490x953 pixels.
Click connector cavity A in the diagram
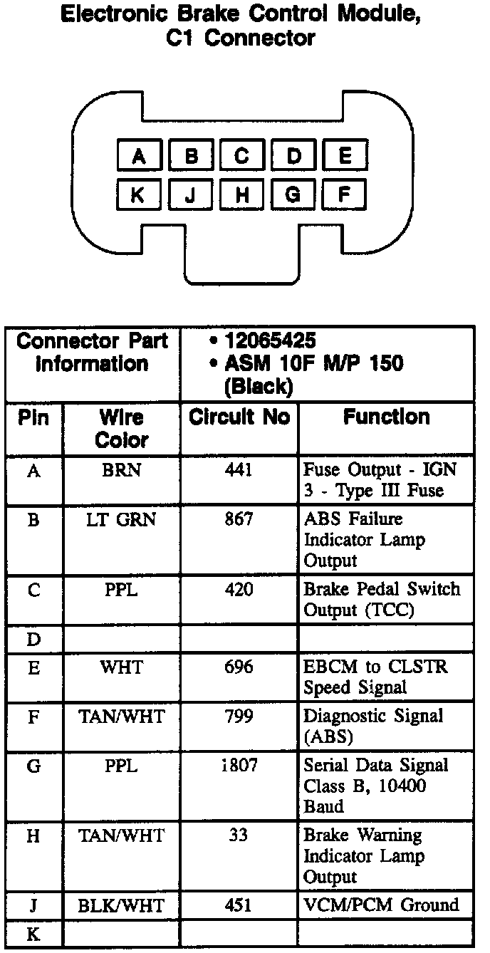click(138, 156)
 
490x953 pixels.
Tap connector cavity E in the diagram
click(345, 156)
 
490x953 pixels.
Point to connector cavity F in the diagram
click(345, 194)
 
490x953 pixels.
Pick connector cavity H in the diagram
click(242, 194)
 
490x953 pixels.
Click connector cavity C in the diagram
click(242, 156)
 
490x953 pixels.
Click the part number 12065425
click(270, 340)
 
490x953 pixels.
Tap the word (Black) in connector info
click(258, 387)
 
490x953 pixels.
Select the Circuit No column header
click(239, 417)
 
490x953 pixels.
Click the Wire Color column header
click(120, 428)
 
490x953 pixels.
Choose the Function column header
click(386, 417)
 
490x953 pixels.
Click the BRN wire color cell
click(121, 471)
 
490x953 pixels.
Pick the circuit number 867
click(239, 519)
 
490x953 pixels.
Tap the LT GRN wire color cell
click(121, 519)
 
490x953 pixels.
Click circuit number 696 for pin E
click(239, 667)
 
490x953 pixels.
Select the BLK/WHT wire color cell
click(121, 905)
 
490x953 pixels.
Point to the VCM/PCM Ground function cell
click(381, 905)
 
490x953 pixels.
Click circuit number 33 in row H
click(239, 835)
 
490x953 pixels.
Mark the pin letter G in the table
click(33, 766)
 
